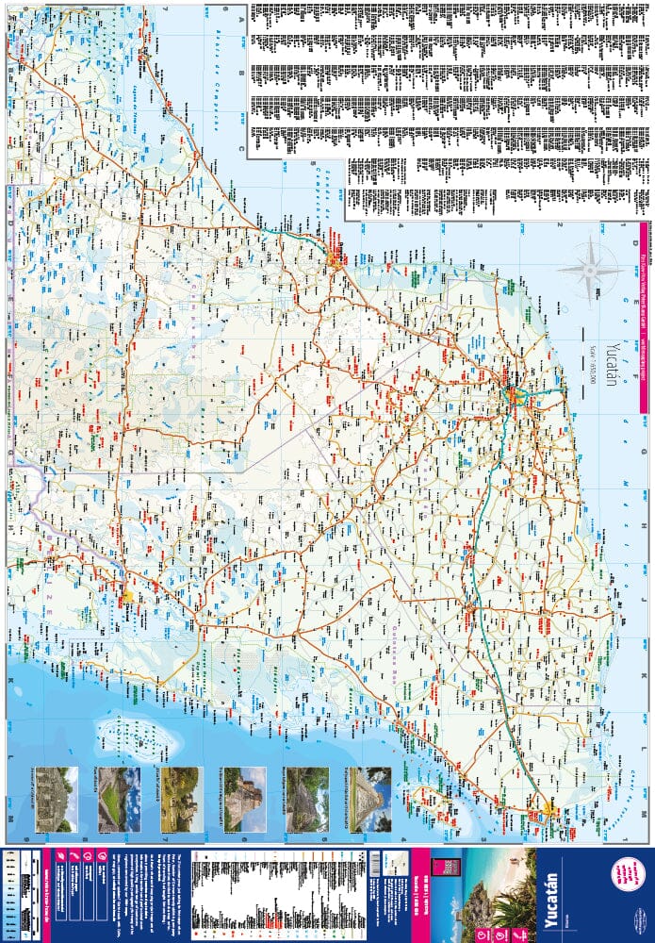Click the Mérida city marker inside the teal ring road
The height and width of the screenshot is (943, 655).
[x=515, y=397]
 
